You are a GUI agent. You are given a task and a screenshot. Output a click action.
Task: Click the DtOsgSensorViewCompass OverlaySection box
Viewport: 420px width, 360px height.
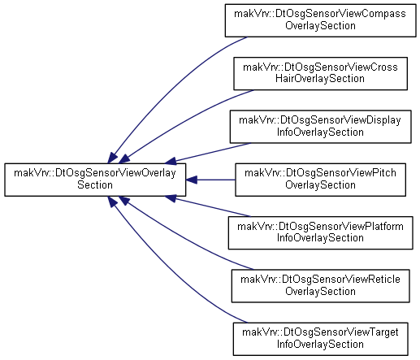[320, 20]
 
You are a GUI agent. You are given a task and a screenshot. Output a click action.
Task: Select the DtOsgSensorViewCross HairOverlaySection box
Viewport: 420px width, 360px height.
[320, 73]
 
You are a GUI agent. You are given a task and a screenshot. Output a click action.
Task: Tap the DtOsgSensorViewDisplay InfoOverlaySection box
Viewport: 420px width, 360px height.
[320, 127]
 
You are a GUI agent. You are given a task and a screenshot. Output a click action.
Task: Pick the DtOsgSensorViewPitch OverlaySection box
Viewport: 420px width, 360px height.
[320, 180]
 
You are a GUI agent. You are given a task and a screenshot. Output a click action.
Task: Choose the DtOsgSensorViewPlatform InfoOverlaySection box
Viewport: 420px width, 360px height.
[320, 232]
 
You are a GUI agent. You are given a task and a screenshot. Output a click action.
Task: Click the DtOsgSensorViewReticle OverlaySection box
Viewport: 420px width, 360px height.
[320, 286]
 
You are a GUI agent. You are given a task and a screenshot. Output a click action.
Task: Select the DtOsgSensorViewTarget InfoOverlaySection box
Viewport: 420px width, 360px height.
[320, 339]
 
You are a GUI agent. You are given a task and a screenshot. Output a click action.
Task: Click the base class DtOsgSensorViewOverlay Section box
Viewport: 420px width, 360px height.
[95, 180]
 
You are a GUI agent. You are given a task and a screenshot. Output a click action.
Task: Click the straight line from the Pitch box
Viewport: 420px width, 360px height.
[216, 180]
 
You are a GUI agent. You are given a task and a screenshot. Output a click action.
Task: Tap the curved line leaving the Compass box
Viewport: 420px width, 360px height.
[167, 88]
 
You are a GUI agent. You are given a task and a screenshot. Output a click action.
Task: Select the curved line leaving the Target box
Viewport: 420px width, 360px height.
[167, 271]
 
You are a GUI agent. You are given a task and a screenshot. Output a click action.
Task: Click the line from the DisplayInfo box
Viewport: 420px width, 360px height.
[213, 152]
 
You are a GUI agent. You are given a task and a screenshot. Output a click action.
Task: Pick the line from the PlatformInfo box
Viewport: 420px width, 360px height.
[213, 207]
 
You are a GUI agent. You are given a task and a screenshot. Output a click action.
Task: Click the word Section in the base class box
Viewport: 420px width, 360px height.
[95, 185]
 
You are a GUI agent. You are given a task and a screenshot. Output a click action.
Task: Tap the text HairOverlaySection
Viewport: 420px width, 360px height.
[320, 79]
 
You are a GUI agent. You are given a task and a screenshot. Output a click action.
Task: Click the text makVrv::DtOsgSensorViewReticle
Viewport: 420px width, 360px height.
[320, 280]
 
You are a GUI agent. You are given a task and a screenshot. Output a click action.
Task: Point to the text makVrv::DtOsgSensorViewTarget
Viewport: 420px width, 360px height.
[320, 332]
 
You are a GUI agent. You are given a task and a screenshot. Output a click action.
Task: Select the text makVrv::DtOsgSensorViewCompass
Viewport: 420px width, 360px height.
[320, 14]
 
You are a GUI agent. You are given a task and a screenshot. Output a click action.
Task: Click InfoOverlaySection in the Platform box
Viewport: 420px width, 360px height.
[320, 238]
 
